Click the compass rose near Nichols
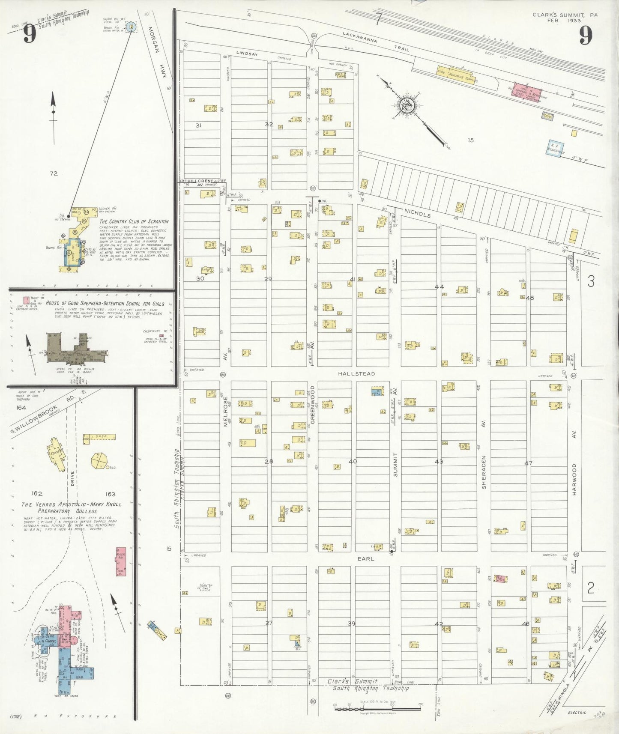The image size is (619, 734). click(405, 104)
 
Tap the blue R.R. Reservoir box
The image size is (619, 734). click(555, 149)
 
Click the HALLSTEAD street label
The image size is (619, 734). click(356, 374)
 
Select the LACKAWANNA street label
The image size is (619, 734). click(360, 38)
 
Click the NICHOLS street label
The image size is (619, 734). click(417, 213)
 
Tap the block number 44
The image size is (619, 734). click(439, 286)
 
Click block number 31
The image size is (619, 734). click(198, 125)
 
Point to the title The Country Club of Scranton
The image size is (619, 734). click(134, 221)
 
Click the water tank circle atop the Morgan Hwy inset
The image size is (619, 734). click(132, 27)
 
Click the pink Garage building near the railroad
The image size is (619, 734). click(527, 92)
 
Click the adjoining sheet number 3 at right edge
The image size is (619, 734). click(591, 281)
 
